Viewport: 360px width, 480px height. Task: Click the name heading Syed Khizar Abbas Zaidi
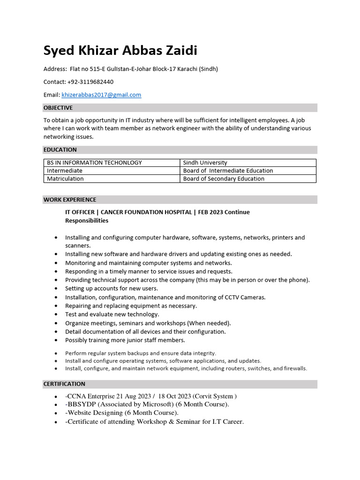pyautogui.click(x=120, y=51)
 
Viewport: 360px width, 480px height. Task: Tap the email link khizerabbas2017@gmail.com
pyautogui.click(x=101, y=95)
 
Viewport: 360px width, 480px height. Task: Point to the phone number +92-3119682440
pyautogui.click(x=90, y=82)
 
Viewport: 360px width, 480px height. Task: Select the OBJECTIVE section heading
pyautogui.click(x=58, y=108)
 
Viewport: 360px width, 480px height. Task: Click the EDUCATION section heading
pyautogui.click(x=60, y=150)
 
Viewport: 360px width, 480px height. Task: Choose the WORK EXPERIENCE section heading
pyautogui.click(x=70, y=200)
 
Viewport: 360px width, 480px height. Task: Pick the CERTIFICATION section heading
pyautogui.click(x=64, y=384)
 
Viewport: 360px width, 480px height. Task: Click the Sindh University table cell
pyautogui.click(x=205, y=163)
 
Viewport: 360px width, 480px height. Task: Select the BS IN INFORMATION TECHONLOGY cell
pyautogui.click(x=94, y=163)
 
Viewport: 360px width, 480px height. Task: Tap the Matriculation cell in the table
pyautogui.click(x=65, y=179)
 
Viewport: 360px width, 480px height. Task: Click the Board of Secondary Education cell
pyautogui.click(x=224, y=179)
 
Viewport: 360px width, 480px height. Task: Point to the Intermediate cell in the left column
pyautogui.click(x=65, y=171)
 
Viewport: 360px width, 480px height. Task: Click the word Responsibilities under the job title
pyautogui.click(x=87, y=220)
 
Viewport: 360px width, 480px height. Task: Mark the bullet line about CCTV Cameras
pyautogui.click(x=165, y=297)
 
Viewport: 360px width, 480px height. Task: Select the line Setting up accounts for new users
pyautogui.click(x=112, y=289)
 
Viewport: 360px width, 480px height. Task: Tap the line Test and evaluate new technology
pyautogui.click(x=112, y=315)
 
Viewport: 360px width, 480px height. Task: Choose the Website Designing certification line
pyautogui.click(x=123, y=413)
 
